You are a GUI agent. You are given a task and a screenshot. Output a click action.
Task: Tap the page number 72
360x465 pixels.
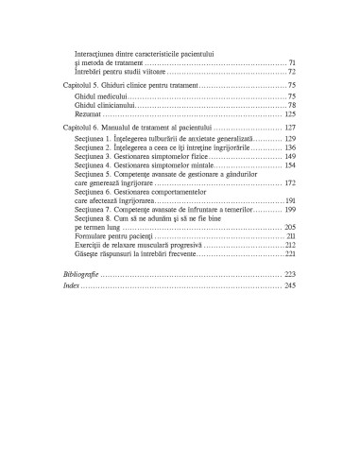292,71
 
